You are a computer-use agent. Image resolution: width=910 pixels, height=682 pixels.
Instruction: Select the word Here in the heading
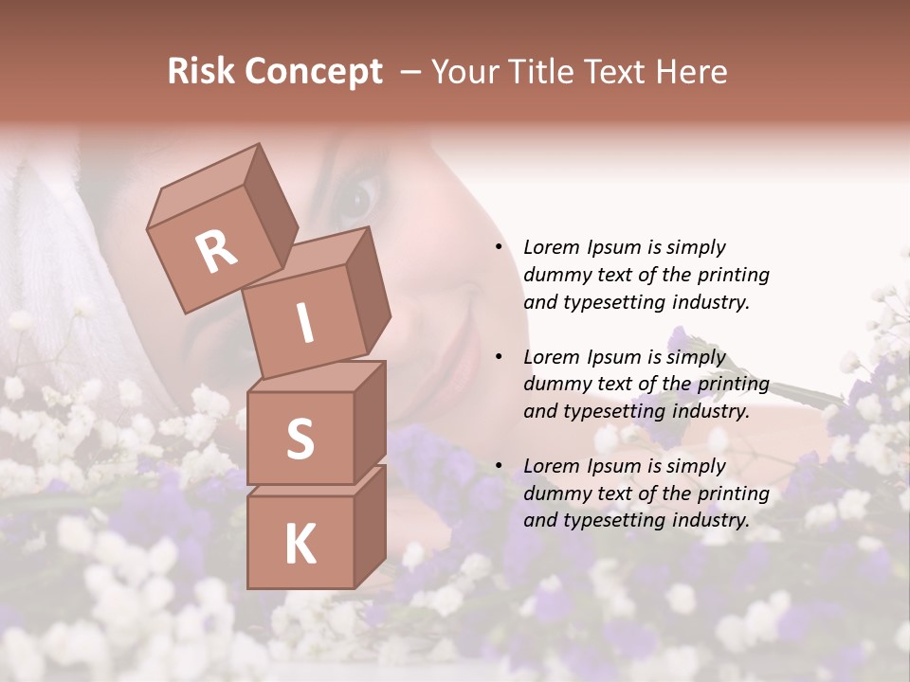pos(690,72)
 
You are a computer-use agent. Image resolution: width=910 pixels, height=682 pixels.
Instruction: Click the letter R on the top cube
pos(216,252)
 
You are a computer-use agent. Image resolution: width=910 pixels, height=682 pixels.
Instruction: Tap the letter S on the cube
pos(300,440)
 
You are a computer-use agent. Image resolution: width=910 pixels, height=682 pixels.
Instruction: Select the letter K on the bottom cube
pos(300,545)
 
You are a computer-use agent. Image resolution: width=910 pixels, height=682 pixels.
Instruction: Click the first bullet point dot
pos(499,248)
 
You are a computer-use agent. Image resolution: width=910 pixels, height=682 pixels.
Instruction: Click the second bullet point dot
pos(499,357)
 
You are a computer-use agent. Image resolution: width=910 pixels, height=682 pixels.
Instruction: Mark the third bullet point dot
pos(499,466)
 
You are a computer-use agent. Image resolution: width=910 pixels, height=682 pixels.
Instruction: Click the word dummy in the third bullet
pos(555,494)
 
